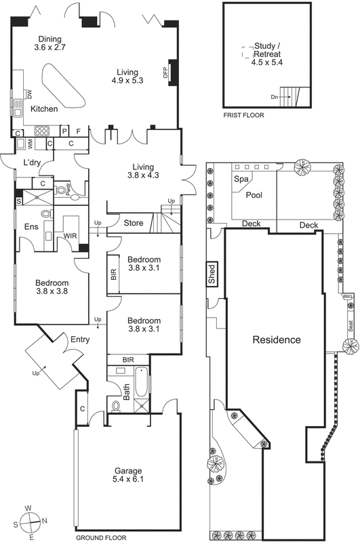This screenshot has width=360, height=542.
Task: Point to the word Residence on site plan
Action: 276,339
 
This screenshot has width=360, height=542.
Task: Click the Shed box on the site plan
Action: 212,274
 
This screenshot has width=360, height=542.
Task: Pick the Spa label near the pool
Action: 240,180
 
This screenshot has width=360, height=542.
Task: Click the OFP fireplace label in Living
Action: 165,72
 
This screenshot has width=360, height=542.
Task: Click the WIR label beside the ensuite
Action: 69,236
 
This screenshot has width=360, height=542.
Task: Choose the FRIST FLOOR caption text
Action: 243,115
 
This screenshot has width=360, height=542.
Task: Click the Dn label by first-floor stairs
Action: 275,98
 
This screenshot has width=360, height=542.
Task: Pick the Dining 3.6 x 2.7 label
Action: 49,43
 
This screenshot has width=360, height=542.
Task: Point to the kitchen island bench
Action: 64,85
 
